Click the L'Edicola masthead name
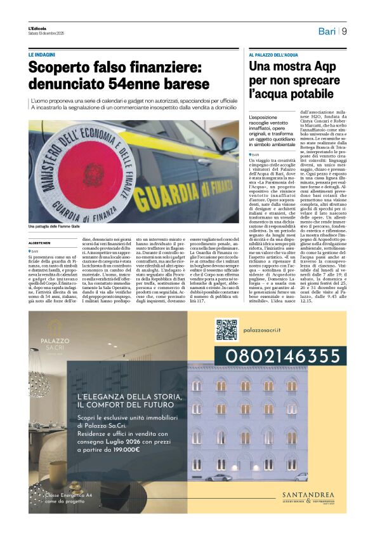pos(38,29)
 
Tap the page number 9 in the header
pos(343,31)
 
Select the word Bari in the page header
pos(326,31)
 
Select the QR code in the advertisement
pos(227,330)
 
